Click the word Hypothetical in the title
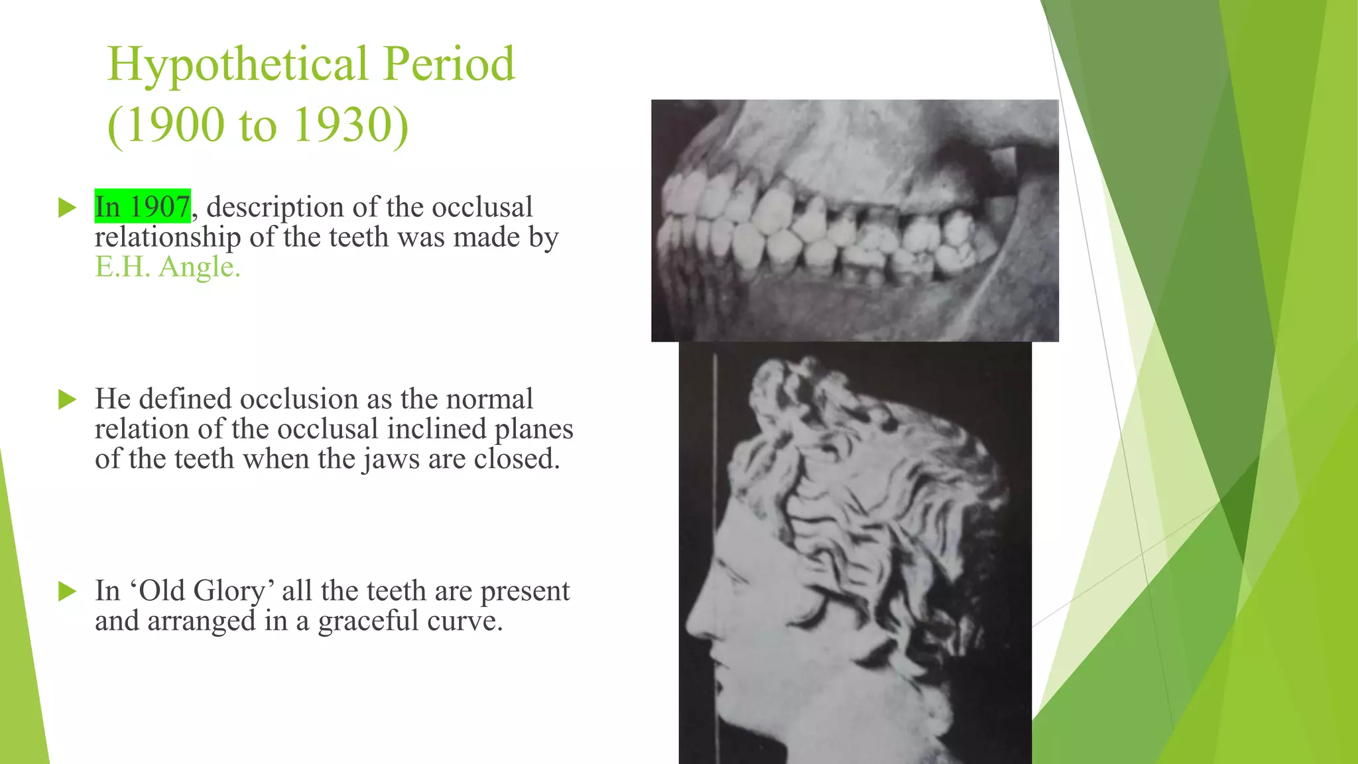237,65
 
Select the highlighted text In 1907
143,207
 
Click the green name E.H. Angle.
168,267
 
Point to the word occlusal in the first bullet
482,207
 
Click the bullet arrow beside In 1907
68,208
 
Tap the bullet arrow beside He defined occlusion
68,399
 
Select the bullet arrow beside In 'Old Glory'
68,591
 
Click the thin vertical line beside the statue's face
715,531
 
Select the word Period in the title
449,65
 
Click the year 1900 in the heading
175,125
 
